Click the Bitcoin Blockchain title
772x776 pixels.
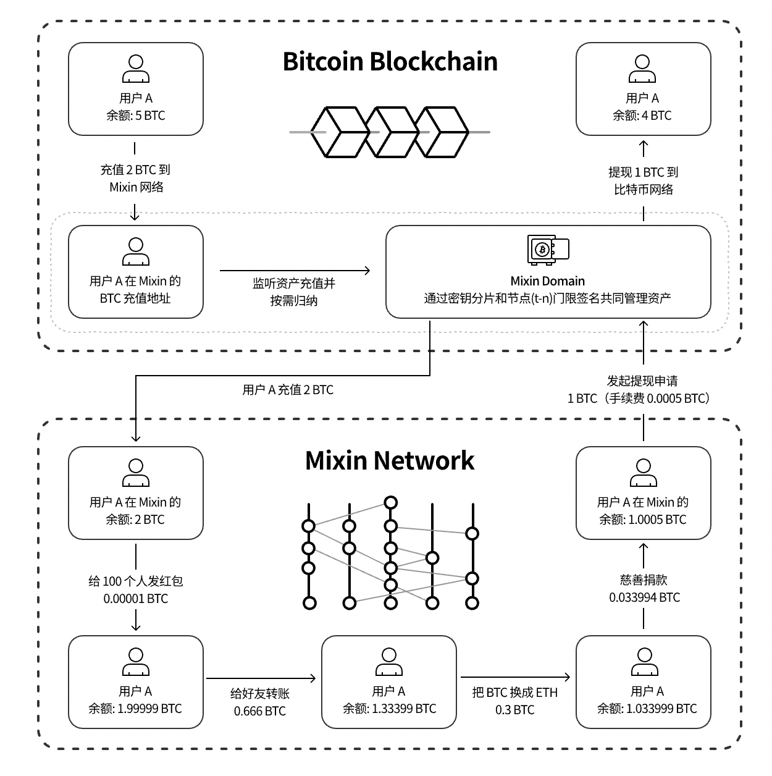tap(390, 62)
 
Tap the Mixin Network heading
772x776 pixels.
tap(390, 461)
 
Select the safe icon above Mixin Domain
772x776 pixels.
tap(548, 250)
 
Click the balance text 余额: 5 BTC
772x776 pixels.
tap(136, 116)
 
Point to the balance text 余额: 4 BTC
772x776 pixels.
tap(642, 116)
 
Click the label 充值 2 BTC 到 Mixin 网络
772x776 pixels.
tap(136, 179)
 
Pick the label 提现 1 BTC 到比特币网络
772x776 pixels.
tap(644, 181)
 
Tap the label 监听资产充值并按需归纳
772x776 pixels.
tap(294, 292)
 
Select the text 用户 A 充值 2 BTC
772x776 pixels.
tap(288, 390)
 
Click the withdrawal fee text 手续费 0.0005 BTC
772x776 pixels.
tap(657, 399)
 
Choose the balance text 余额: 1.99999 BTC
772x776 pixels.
tap(135, 709)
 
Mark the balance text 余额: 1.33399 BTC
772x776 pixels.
tap(389, 709)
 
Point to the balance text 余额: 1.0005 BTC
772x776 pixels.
tap(643, 520)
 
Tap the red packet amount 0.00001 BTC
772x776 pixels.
tap(136, 599)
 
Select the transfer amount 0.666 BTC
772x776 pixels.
tap(260, 711)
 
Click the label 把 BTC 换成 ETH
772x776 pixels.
tap(515, 693)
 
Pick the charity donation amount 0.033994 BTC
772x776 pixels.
tap(644, 597)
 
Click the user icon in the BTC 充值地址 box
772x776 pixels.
tap(136, 251)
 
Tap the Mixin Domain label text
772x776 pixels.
tap(548, 281)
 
